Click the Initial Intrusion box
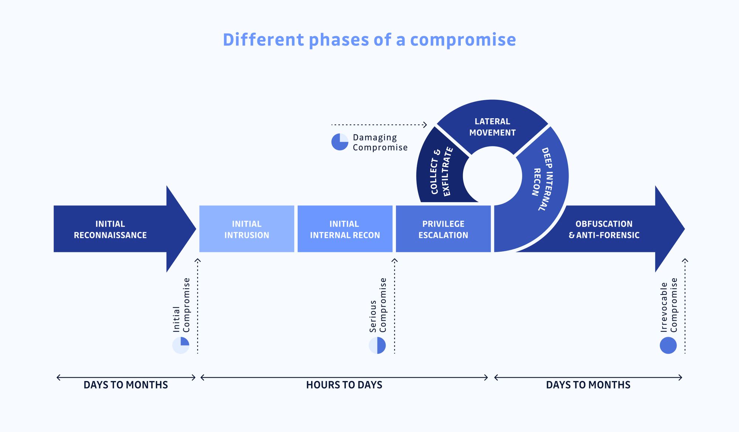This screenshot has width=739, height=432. coord(246,229)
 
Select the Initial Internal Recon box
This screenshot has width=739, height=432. coord(345,229)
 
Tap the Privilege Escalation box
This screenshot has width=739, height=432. coord(443,229)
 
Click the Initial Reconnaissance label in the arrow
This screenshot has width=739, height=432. coord(110,229)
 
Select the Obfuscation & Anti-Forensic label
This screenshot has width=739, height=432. coord(604,229)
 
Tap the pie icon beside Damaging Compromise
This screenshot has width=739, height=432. coord(340,142)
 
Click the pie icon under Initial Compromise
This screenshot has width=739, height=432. coord(181,346)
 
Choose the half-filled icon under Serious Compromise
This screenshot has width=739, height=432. coord(377,346)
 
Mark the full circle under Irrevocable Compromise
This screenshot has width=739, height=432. coord(668,346)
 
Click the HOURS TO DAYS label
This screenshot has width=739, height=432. coord(344,385)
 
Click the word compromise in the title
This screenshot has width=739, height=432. coord(463,40)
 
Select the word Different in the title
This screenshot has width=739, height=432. coord(263,40)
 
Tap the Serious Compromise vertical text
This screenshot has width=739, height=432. coord(378,305)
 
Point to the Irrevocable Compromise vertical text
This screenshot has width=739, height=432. coord(669,305)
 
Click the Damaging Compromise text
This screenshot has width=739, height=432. coord(380,142)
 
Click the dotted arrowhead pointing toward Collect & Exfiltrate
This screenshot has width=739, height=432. coord(425,125)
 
